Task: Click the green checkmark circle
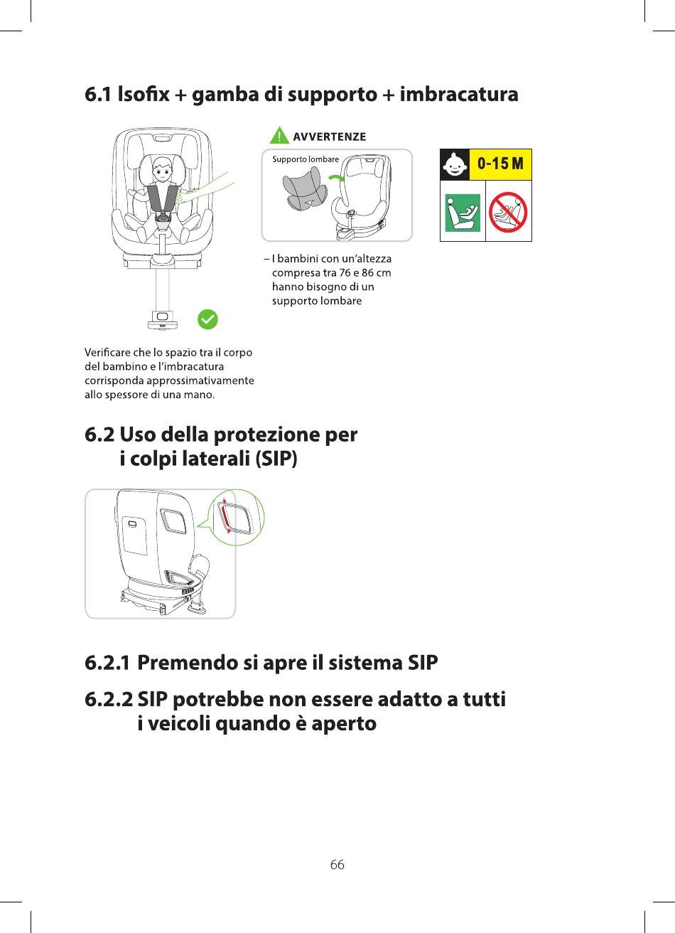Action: coord(207,319)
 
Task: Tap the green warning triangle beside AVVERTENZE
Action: coord(279,135)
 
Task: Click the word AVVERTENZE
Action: coord(330,137)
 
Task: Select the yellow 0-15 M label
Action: coord(501,164)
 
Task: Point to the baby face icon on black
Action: coord(455,164)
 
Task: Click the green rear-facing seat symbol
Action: coord(463,213)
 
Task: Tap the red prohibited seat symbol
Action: coord(508,212)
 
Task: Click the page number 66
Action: coord(337,865)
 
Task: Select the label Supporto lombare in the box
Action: coord(306,159)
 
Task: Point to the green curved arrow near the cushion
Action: coord(335,178)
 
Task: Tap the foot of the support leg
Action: coord(162,320)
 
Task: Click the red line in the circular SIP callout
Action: coord(225,516)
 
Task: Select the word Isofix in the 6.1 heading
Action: coord(144,94)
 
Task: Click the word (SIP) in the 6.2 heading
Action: coord(276,459)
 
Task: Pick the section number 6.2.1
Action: coord(107,663)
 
